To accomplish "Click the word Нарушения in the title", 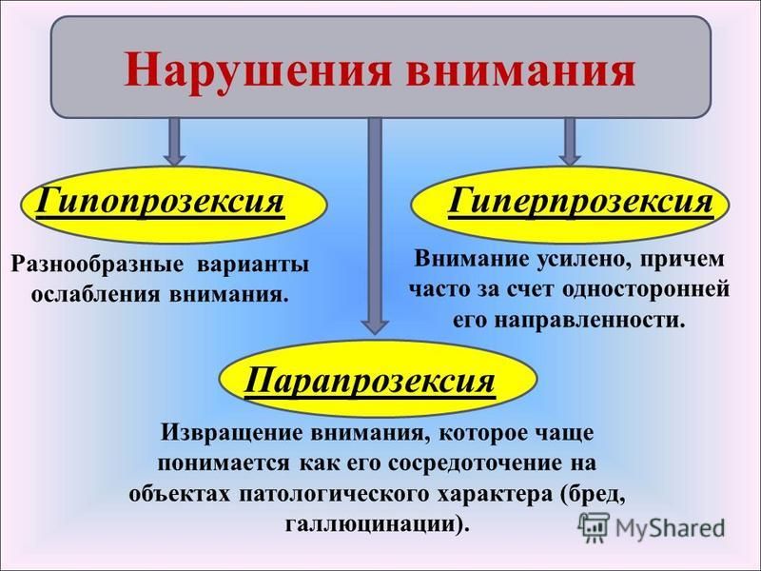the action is coord(258,70).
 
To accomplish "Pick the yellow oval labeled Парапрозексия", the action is coord(379,379).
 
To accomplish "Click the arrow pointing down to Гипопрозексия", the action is coord(174,141).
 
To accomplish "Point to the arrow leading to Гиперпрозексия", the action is coord(570,141).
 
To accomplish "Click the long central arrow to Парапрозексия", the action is coord(375,226).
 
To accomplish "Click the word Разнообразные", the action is coord(98,266).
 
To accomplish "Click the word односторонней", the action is coord(647,290).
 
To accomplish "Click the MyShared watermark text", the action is coord(670,527).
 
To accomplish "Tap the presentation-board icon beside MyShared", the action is coord(593,526).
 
